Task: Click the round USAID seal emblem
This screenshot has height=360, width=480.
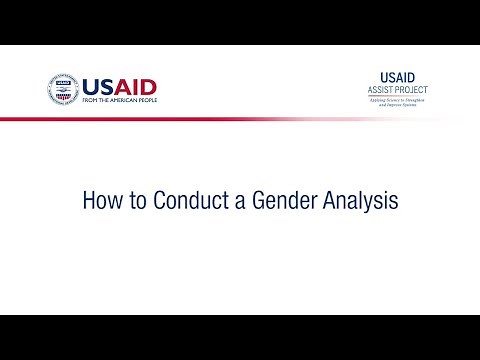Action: click(63, 90)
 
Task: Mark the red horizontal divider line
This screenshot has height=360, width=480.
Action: click(200, 118)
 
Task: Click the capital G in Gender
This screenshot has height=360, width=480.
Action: click(246, 200)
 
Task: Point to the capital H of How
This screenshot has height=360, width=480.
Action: click(87, 200)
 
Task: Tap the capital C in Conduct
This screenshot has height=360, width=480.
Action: click(158, 200)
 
